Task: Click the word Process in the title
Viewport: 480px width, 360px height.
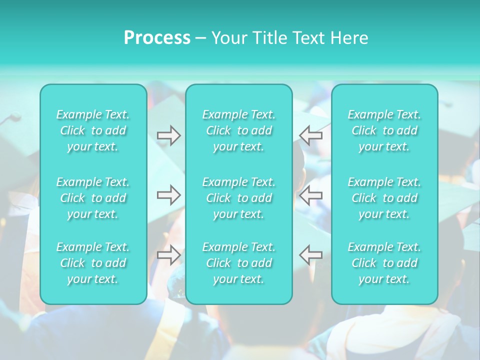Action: pos(157,38)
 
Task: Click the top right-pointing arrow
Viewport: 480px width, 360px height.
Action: pos(169,135)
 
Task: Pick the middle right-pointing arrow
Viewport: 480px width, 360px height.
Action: pos(169,195)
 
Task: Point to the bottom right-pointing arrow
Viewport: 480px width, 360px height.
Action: pos(169,255)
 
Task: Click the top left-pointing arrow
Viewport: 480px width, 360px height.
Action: pos(310,135)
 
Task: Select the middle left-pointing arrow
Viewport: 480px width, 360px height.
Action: pos(310,195)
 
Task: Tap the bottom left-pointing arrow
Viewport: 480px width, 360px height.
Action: pos(310,255)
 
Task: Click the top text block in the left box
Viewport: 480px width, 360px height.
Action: pos(93,130)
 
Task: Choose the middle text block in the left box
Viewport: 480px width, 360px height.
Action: pos(93,198)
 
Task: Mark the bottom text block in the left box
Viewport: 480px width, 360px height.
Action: pos(93,263)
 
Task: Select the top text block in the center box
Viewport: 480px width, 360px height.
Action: pos(239,130)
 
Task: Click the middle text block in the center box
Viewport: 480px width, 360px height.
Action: pos(239,198)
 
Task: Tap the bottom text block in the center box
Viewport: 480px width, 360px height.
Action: pos(239,263)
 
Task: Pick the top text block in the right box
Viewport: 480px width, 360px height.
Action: pos(384,130)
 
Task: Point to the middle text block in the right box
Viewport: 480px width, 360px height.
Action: pos(384,198)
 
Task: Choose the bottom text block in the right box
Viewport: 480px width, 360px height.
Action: pos(384,263)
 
